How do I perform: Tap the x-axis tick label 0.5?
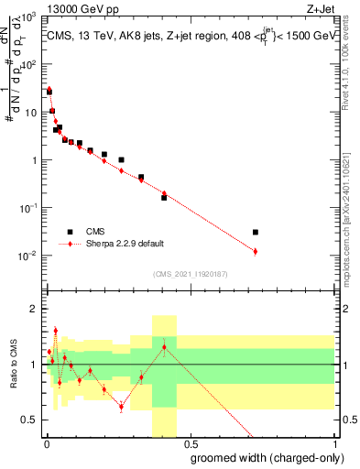[x=191, y=442]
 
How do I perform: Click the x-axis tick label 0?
[x=46, y=442]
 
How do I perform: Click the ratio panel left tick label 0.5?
[x=31, y=420]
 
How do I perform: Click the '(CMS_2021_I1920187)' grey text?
[x=190, y=274]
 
